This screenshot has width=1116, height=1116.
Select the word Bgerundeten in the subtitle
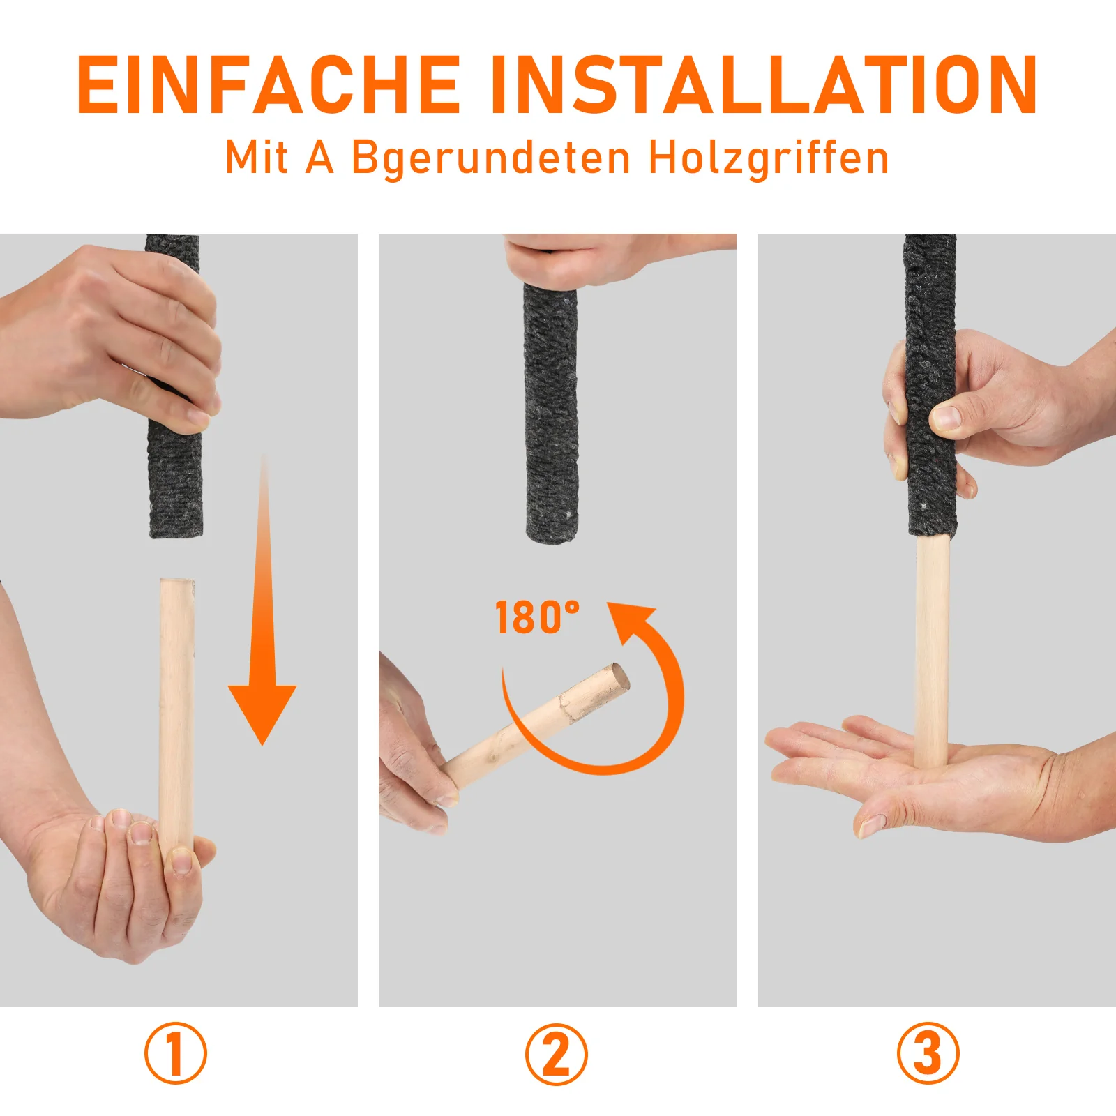click(491, 157)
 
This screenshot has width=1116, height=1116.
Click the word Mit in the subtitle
click(256, 157)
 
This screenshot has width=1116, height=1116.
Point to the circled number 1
click(176, 1053)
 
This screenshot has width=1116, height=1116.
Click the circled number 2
click(557, 1054)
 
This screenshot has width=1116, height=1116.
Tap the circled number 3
click(928, 1053)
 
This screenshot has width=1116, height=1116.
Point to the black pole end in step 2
click(551, 412)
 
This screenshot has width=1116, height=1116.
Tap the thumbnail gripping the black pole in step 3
click(947, 418)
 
